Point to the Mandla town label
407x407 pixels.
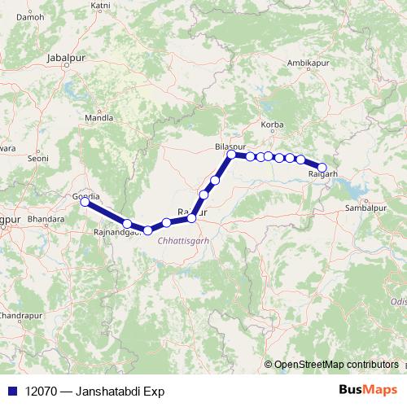point(99,117)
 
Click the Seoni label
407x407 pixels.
point(38,160)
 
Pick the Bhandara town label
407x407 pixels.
point(46,220)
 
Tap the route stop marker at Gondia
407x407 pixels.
point(85,202)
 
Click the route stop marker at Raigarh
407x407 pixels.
point(322,168)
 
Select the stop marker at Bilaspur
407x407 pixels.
point(231,154)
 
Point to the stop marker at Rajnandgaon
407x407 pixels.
point(127,223)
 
